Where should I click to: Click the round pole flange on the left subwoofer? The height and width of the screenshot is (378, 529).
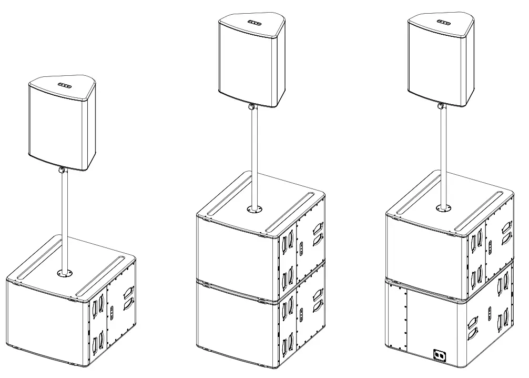pos(66,273)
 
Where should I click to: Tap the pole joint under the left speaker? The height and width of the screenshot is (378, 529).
pos(63,170)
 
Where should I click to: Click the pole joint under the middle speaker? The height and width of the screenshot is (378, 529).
pos(253,107)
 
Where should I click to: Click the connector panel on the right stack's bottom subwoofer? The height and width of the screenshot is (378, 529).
pos(439,355)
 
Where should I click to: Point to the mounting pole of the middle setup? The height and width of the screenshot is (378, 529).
pos(255,158)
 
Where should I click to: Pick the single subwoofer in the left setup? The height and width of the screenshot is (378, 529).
pos(53,321)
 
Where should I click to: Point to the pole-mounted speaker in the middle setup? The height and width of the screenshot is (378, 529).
pos(247,63)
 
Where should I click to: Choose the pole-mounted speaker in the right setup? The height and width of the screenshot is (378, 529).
pos(436,63)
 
